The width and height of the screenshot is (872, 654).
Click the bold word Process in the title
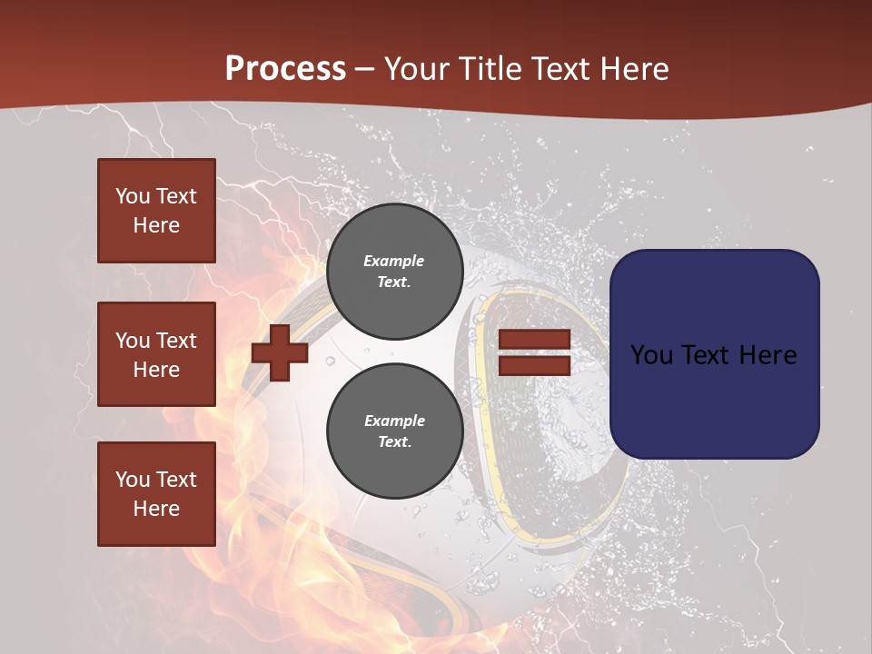point(285,68)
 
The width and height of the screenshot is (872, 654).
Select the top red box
point(156,211)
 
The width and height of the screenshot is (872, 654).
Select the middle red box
point(156,354)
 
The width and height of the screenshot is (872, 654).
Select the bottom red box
point(156,493)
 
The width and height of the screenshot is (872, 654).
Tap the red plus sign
point(280,352)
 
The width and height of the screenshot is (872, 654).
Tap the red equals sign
point(534,353)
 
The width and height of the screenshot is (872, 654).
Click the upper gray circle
point(394,271)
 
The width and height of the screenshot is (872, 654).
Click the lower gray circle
point(394,431)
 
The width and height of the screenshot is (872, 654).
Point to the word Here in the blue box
point(767,354)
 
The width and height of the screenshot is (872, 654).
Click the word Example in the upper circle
point(394,261)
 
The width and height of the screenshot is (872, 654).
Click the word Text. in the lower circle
point(394,441)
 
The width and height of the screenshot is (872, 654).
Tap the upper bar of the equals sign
point(534,340)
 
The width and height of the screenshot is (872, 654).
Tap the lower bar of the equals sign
point(534,366)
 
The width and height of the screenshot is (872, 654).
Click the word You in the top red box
point(133,196)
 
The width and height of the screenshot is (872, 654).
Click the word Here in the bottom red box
point(156,509)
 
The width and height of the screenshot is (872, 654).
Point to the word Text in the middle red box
point(175,341)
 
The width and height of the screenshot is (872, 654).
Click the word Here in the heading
point(635,68)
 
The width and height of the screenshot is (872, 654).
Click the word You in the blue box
point(651,354)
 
